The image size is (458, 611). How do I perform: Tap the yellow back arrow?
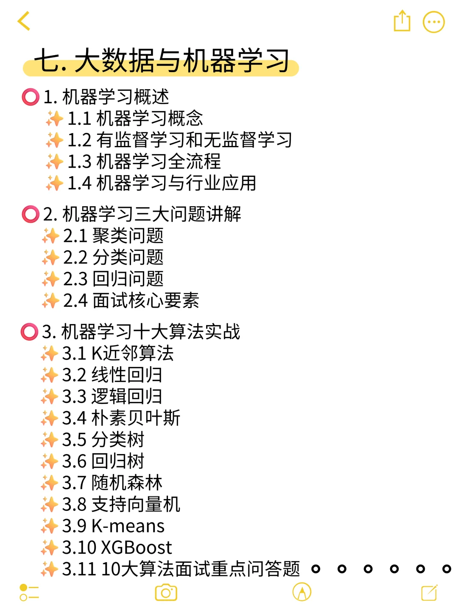coord(24,21)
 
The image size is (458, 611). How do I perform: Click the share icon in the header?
coord(402,21)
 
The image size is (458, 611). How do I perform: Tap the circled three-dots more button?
coord(433,22)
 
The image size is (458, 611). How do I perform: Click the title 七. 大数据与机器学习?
coord(162,61)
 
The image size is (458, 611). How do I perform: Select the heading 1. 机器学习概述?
coord(106,97)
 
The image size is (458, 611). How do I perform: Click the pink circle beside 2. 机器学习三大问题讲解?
coord(30,214)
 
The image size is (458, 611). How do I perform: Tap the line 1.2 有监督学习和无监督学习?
coord(179,140)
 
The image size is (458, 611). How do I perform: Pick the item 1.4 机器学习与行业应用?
coord(162,183)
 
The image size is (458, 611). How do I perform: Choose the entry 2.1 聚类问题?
coord(113,236)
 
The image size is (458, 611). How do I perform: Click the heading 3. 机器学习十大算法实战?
coord(141,332)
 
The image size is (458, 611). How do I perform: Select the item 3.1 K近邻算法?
coord(118,353)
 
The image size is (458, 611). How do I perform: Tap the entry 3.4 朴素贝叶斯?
coord(121,418)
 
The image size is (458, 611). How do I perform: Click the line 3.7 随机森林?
coord(112,483)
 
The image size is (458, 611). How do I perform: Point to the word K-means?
coord(128,526)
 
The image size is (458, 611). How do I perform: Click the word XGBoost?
coord(136,548)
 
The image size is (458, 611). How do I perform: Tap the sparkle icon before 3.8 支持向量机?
coord(50,504)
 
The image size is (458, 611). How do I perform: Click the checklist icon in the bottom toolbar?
coord(29,592)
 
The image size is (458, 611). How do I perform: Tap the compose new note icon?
coord(429,592)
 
